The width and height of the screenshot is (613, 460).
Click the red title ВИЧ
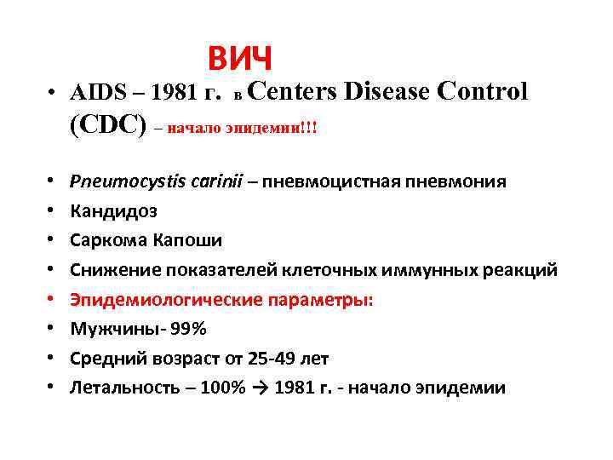[x=240, y=59]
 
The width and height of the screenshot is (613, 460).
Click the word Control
[x=485, y=89]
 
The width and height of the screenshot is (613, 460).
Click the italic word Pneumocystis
[x=122, y=181]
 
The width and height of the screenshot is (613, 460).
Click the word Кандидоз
[x=113, y=211]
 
